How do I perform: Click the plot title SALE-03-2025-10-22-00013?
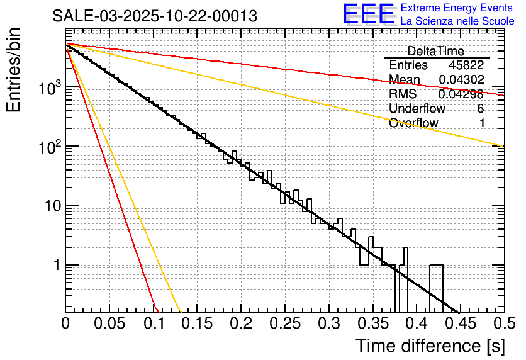(x=155, y=16)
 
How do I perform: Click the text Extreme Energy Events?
(x=457, y=8)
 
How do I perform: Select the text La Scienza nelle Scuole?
(x=457, y=21)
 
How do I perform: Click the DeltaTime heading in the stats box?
(x=436, y=51)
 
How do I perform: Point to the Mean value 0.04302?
(x=461, y=79)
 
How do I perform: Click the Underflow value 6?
(x=480, y=108)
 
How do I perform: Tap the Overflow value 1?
(x=482, y=123)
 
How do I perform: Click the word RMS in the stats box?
(x=403, y=94)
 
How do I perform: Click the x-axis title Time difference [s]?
(x=429, y=346)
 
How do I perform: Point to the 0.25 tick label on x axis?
(x=284, y=323)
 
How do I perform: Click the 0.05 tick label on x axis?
(x=108, y=323)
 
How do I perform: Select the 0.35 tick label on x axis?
(x=371, y=323)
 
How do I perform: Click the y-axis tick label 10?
(x=49, y=206)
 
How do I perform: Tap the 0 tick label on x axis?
(x=65, y=323)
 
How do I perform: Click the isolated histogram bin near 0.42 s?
(x=436, y=286)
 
